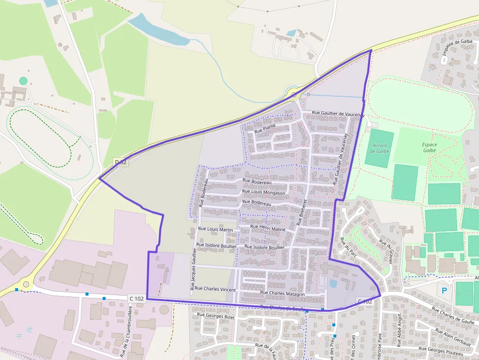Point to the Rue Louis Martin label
(x=216, y=229)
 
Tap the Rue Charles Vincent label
(x=215, y=290)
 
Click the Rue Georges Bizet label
(x=216, y=317)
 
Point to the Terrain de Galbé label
(x=380, y=148)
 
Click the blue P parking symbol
(x=444, y=290)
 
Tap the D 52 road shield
(x=121, y=162)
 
